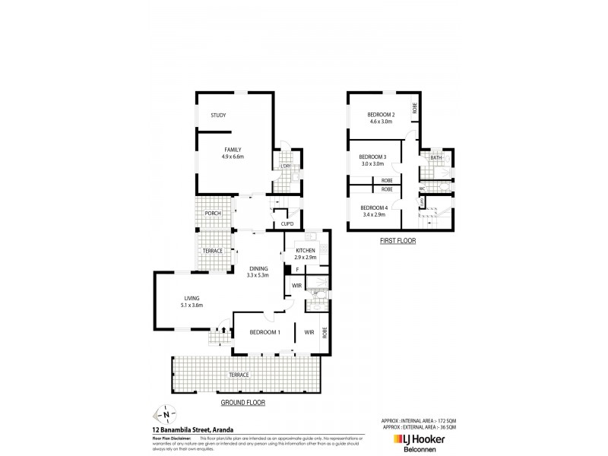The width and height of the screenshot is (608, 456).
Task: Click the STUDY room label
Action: [x=219, y=116]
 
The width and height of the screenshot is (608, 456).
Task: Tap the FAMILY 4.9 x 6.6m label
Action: [x=233, y=153]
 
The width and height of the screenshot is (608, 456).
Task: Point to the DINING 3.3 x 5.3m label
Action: [x=258, y=271]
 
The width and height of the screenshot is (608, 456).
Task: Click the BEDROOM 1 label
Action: [x=266, y=332]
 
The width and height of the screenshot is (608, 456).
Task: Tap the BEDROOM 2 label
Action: [x=382, y=118]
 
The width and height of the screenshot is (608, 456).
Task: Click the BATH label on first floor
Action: [x=435, y=158]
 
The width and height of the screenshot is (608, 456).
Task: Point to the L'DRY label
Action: [x=287, y=166]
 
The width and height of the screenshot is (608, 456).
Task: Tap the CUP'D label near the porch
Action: [x=287, y=224]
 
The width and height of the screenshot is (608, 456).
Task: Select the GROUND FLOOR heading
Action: [x=242, y=403]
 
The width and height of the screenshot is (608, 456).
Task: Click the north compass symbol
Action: [x=165, y=415]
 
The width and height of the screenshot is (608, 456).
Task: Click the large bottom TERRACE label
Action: [x=239, y=375]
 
